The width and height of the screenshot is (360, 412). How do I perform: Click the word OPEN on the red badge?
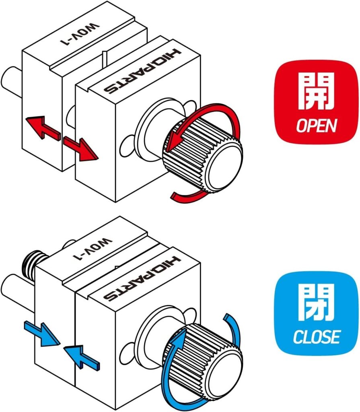coord(316,126)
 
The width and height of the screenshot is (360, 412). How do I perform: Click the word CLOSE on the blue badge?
coord(317,336)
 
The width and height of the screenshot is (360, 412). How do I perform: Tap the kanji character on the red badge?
coord(316,93)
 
